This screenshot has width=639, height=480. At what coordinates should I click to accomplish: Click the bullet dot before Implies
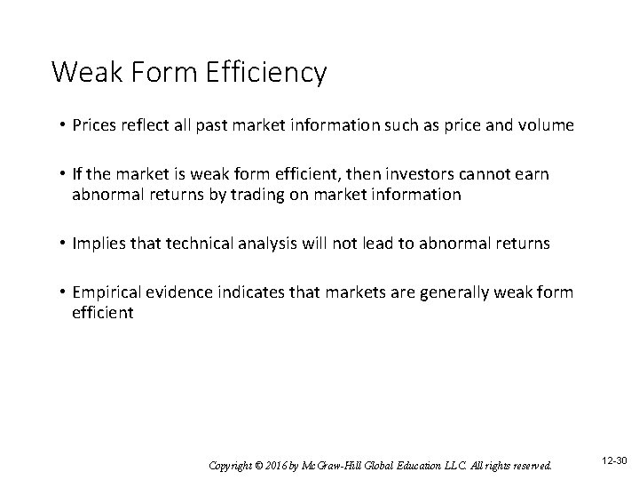click(62, 243)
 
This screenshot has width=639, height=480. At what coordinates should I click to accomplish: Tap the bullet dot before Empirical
click(62, 292)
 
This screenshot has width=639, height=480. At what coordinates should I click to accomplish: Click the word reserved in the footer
click(528, 465)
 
